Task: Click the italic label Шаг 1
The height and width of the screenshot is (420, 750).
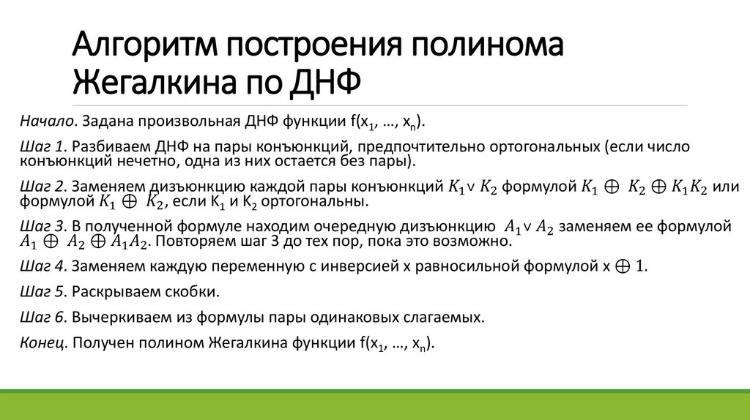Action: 43,146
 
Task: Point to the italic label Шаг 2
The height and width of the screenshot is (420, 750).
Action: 43,186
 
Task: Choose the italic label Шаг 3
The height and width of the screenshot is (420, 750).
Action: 43,225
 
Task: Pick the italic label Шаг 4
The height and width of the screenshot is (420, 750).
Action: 43,266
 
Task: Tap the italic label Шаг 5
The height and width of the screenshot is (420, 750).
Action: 43,292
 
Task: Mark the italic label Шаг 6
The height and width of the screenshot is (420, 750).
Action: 43,317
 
